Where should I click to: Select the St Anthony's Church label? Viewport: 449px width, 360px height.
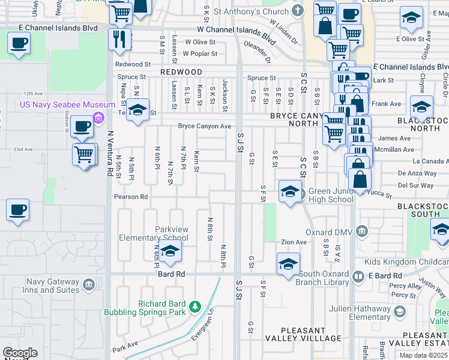(x=252, y=11)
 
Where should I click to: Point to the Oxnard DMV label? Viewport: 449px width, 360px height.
(x=332, y=232)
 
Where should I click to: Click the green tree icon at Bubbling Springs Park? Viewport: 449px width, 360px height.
(x=194, y=307)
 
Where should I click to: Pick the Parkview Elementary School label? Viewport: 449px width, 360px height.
(x=154, y=233)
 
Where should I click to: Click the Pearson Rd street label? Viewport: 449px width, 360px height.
(x=131, y=196)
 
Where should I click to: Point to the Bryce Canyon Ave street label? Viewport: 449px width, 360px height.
(x=204, y=126)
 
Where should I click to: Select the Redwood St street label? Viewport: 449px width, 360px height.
(x=133, y=64)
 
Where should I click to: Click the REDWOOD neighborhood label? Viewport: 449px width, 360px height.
(x=181, y=72)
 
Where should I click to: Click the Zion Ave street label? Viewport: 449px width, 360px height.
(x=294, y=242)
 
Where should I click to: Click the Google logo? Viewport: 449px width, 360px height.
(x=20, y=353)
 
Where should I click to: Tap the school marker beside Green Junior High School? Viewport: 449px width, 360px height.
(x=290, y=192)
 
